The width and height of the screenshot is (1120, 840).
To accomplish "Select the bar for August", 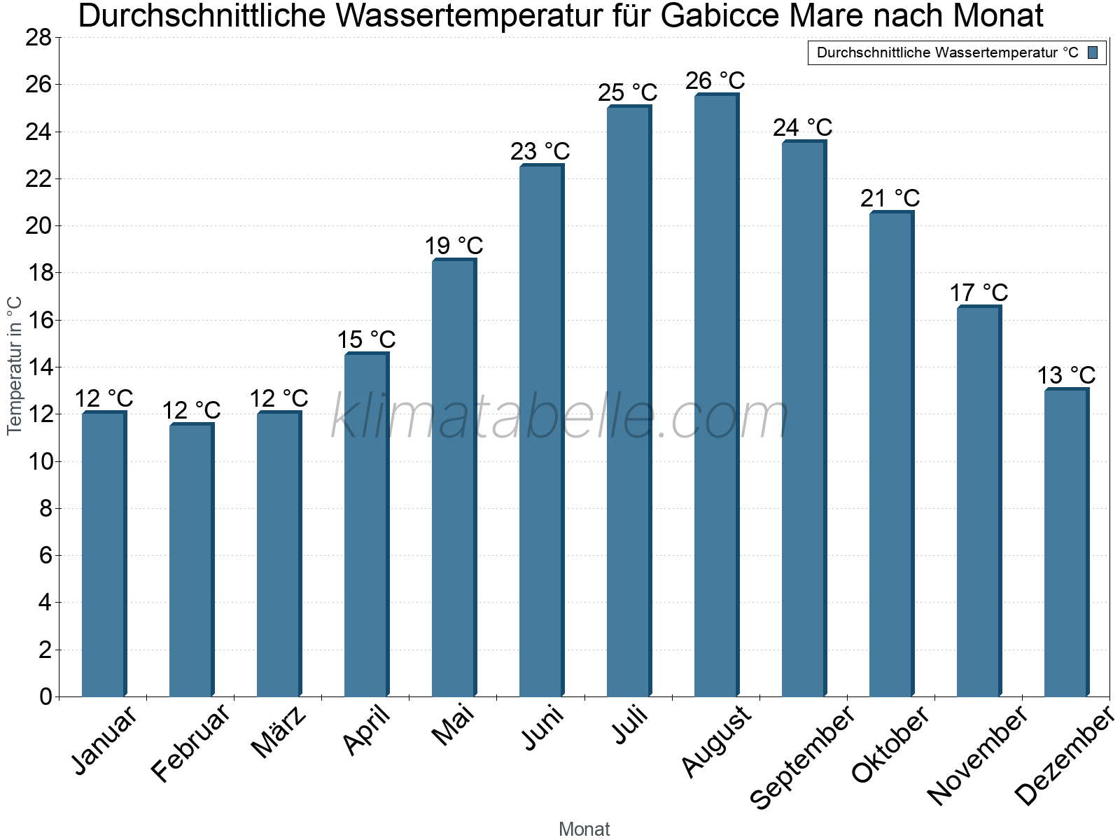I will coord(715,395).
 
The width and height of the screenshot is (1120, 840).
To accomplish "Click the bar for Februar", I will coord(190,560).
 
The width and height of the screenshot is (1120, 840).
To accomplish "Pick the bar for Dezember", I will coord(1065,542).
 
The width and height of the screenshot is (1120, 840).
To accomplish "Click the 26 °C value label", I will coord(715,81).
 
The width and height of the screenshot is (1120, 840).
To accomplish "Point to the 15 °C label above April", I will coord(366,340).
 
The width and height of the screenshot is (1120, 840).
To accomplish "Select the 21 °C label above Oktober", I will coord(890,199).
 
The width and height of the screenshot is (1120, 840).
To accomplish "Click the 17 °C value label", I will coord(979,293).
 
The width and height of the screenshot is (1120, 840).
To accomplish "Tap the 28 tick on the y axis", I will coord(38,38).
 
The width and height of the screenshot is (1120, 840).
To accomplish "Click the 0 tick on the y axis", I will coord(45,696).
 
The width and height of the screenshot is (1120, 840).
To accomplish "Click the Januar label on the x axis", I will coord(105,741).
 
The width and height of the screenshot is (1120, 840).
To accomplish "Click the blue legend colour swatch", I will coord(1093,52).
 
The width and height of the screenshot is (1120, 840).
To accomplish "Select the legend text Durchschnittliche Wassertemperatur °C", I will coord(947,52).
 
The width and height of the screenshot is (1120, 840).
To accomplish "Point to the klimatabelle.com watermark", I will coord(560,417).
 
